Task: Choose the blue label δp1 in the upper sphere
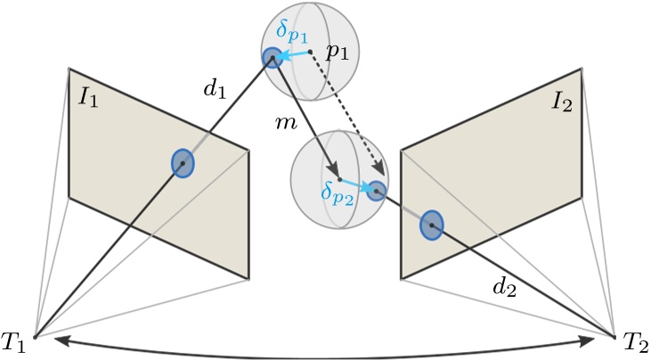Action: pyautogui.click(x=290, y=34)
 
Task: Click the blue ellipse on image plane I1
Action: pyautogui.click(x=183, y=163)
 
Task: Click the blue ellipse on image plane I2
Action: pyautogui.click(x=431, y=225)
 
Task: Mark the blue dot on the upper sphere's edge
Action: pyautogui.click(x=272, y=59)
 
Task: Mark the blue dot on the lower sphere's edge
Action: pyautogui.click(x=377, y=189)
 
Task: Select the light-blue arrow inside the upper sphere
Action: pyautogui.click(x=294, y=55)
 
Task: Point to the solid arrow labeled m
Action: pyautogui.click(x=307, y=120)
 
